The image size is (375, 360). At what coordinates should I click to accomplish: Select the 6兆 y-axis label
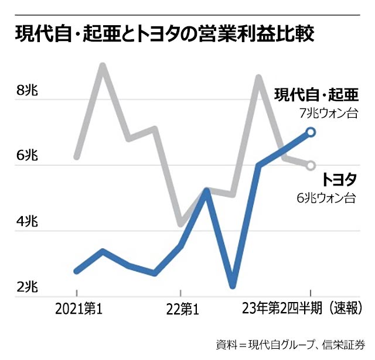pos(28,156)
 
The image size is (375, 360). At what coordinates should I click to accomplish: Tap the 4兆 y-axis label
pos(28,222)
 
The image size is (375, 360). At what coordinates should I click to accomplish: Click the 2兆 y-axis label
pos(28,287)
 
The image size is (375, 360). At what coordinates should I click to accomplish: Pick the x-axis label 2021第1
pos(79,308)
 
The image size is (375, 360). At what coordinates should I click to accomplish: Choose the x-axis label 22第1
pos(182,308)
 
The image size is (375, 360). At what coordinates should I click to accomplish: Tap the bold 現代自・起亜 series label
pos(316,94)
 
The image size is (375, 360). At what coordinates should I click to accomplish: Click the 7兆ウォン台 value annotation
pos(328,113)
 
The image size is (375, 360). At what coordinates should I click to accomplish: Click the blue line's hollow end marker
pos(311,132)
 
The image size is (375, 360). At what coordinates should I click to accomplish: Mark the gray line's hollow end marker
pos(311,165)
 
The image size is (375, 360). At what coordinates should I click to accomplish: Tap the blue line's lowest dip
pos(233,286)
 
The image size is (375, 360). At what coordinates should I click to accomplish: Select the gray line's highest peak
pos(103,65)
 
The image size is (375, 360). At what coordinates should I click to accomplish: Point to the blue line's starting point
pos(76,271)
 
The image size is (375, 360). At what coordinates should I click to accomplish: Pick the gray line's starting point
pos(76,157)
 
